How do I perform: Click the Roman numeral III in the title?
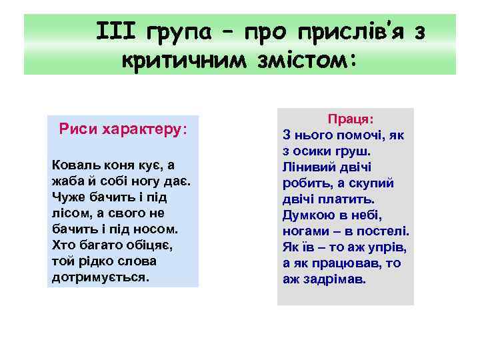tap(116, 31)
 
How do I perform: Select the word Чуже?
tap(67, 197)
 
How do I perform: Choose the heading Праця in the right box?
tap(350, 119)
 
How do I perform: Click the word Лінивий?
tap(310, 167)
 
